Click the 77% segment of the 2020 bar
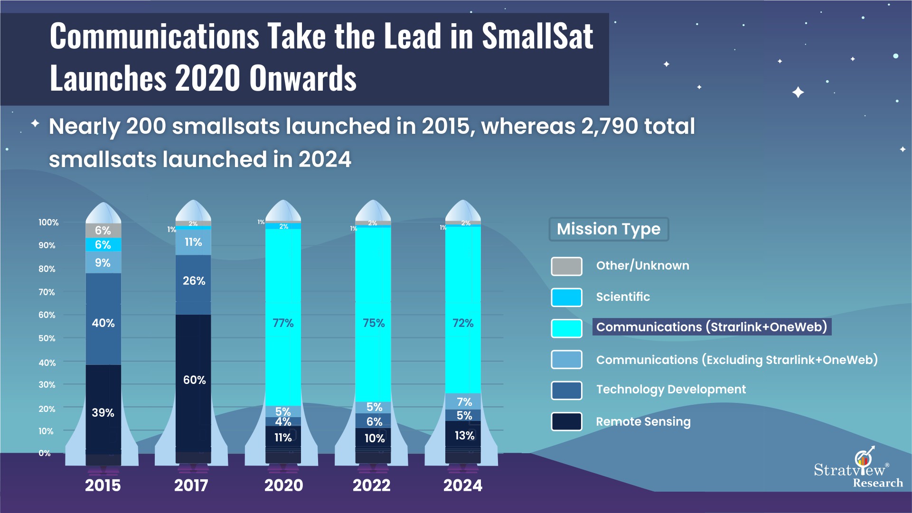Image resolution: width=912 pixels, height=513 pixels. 283,323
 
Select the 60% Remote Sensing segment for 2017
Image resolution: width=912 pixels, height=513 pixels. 194,380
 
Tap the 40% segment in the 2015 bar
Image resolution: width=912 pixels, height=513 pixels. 103,323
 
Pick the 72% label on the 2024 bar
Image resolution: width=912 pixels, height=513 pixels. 463,323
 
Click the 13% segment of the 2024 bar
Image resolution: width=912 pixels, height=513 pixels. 463,435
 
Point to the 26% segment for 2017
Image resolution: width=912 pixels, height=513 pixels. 194,281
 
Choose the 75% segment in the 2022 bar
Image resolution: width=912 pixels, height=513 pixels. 373,323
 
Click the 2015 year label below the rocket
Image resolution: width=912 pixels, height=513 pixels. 103,485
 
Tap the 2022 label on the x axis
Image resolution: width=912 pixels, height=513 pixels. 371,485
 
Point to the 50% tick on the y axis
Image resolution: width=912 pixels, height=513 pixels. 47,338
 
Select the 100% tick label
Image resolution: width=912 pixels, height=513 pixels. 48,222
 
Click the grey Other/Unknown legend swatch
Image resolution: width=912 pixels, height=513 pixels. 566,266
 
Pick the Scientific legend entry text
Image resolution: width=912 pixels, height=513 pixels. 623,297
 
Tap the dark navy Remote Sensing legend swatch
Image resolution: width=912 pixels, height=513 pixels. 566,421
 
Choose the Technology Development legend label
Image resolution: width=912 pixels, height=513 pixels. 671,390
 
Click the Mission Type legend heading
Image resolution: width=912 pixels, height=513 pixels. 609,229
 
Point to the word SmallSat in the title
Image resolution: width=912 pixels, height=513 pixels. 537,37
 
